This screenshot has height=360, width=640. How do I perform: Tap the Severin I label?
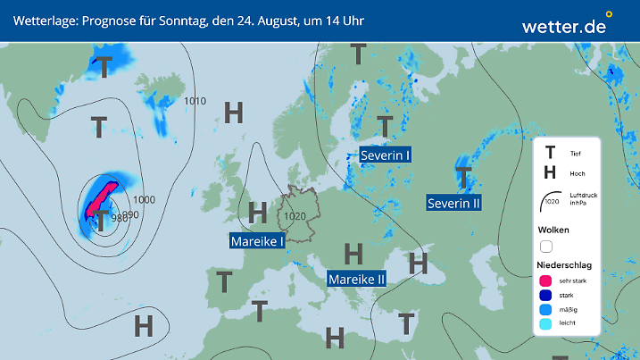click(386, 155)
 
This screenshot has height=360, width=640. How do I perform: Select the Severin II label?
click(454, 203)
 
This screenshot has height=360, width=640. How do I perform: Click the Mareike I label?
click(257, 241)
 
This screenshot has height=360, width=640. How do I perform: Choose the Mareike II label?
click(357, 279)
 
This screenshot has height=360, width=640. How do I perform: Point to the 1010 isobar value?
click(195, 101)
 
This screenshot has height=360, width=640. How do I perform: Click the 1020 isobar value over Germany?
click(295, 216)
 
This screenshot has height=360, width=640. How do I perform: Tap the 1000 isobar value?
click(144, 200)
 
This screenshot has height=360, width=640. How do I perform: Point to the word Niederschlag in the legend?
click(565, 265)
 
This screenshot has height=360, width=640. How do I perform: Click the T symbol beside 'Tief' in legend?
click(550, 153)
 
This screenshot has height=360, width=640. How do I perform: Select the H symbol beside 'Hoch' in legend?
click(550, 172)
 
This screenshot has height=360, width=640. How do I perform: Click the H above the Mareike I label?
click(258, 213)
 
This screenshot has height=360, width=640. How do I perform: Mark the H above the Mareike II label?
click(354, 254)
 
